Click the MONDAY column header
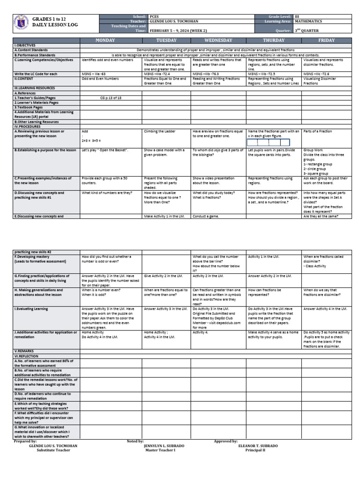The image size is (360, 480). pos(105,40)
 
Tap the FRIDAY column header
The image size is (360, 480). pos(326,40)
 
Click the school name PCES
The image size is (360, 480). pos(154,16)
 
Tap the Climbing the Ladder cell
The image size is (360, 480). pos(158,131)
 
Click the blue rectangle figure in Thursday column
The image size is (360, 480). pos(269,142)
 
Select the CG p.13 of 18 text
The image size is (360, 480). pos(111,97)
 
